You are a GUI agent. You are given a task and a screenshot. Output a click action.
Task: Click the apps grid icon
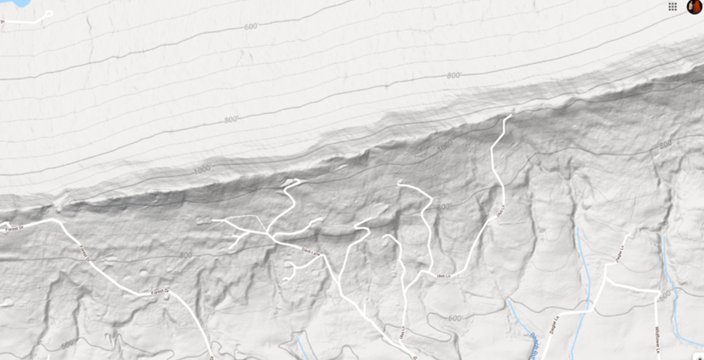click(672, 6)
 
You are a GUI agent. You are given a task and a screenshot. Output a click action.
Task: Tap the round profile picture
click(694, 6)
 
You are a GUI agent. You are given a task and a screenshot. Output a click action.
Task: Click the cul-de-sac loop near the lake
click(49, 14)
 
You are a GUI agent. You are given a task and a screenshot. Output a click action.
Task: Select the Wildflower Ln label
click(657, 337)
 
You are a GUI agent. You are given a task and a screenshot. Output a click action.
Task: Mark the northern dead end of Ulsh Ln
click(510, 116)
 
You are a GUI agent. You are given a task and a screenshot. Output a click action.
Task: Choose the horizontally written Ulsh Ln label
click(443, 277)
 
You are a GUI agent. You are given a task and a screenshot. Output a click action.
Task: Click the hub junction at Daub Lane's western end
click(273, 236)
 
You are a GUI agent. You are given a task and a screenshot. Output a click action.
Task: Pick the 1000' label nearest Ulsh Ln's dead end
click(443, 148)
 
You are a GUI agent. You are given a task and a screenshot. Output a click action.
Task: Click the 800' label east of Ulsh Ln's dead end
click(665, 145)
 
